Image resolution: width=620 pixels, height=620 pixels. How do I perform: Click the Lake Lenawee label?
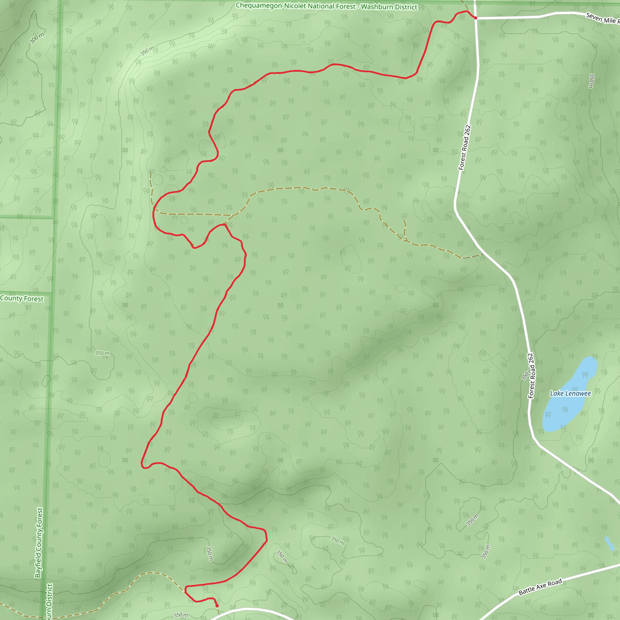(570, 394)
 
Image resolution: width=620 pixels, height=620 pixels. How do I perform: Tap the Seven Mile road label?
(602, 18)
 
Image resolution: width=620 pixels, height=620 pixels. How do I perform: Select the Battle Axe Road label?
(540, 587)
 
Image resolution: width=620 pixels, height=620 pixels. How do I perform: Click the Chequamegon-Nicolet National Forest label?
(295, 6)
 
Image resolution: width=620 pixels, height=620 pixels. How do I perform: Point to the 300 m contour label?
(37, 38)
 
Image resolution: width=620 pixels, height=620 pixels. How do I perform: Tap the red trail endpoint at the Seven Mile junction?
(476, 18)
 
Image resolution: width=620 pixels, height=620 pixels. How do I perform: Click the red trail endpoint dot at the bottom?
(217, 606)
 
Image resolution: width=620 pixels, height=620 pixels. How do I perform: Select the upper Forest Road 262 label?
(464, 147)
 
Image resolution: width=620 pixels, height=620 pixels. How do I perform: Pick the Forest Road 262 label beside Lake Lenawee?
(531, 376)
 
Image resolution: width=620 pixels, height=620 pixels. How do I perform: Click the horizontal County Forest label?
(22, 298)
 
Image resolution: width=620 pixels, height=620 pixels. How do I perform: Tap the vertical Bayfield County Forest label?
(39, 542)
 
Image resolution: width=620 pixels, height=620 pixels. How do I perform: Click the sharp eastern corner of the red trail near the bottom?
(267, 541)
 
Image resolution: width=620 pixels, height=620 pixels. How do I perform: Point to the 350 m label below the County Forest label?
(102, 353)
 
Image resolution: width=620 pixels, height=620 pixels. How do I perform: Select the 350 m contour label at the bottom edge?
(181, 615)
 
